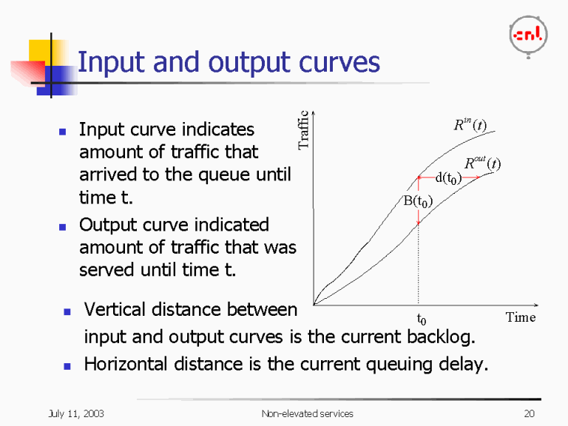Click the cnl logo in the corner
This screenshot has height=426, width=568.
click(x=527, y=34)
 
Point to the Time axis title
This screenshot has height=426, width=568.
click(x=520, y=317)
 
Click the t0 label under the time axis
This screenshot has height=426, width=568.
click(x=422, y=320)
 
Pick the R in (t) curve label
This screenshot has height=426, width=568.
click(x=470, y=125)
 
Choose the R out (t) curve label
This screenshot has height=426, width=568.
click(x=481, y=163)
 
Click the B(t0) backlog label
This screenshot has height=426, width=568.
click(x=417, y=201)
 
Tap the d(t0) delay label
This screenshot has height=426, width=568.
click(x=448, y=177)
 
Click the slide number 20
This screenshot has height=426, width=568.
click(x=528, y=413)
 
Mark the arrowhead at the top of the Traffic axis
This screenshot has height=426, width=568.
click(x=314, y=113)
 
